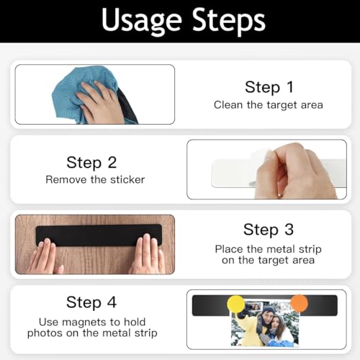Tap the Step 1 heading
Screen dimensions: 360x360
point(269,87)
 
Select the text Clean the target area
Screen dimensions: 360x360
point(269,105)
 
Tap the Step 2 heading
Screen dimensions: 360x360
point(91,162)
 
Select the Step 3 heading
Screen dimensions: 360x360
point(269,230)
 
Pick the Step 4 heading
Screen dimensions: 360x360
point(91,302)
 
